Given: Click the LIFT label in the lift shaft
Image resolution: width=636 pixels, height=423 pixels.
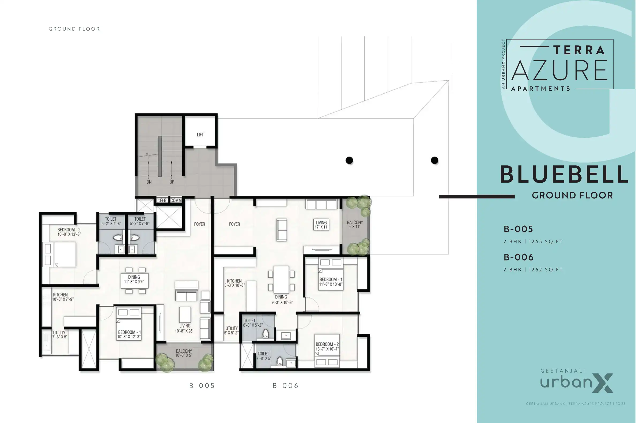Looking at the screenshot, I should [200, 135].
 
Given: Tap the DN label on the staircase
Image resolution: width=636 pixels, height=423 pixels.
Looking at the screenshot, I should [149, 182].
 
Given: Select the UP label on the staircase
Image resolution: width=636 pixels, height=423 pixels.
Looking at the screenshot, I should [172, 182].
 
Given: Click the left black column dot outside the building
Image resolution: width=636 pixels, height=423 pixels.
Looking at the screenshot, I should [349, 160].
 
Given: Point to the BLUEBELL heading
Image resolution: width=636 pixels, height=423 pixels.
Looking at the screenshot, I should [564, 175].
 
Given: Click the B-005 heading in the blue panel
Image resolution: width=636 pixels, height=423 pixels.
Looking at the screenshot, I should [518, 229].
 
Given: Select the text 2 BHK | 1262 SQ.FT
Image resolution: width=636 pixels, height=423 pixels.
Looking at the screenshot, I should [533, 270].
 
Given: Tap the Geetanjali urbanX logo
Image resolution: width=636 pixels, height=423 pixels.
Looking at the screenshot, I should [577, 381].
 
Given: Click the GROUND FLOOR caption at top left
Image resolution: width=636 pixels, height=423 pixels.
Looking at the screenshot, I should [74, 29].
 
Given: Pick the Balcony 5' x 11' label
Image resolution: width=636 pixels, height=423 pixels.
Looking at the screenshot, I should [355, 224].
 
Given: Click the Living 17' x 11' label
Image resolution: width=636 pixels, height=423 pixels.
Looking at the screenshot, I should [321, 224].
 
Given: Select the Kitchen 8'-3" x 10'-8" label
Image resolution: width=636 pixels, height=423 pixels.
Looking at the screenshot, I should [234, 283].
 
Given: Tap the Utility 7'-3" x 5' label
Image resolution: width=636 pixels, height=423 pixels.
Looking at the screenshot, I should [59, 334].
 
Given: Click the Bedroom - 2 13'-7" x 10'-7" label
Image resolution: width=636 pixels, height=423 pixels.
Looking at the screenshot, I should [327, 346].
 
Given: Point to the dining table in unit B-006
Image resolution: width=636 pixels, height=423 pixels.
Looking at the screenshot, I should [281, 280].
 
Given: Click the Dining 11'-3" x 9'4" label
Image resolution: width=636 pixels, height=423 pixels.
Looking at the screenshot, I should [134, 279].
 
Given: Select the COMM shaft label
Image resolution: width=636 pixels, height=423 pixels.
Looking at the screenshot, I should [176, 201].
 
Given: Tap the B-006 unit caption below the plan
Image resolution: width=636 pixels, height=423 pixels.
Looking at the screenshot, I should [285, 386].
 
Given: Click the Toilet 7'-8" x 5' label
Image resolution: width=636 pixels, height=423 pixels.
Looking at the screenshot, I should [263, 356].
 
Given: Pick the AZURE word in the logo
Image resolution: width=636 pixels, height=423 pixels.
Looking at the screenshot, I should [559, 71].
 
